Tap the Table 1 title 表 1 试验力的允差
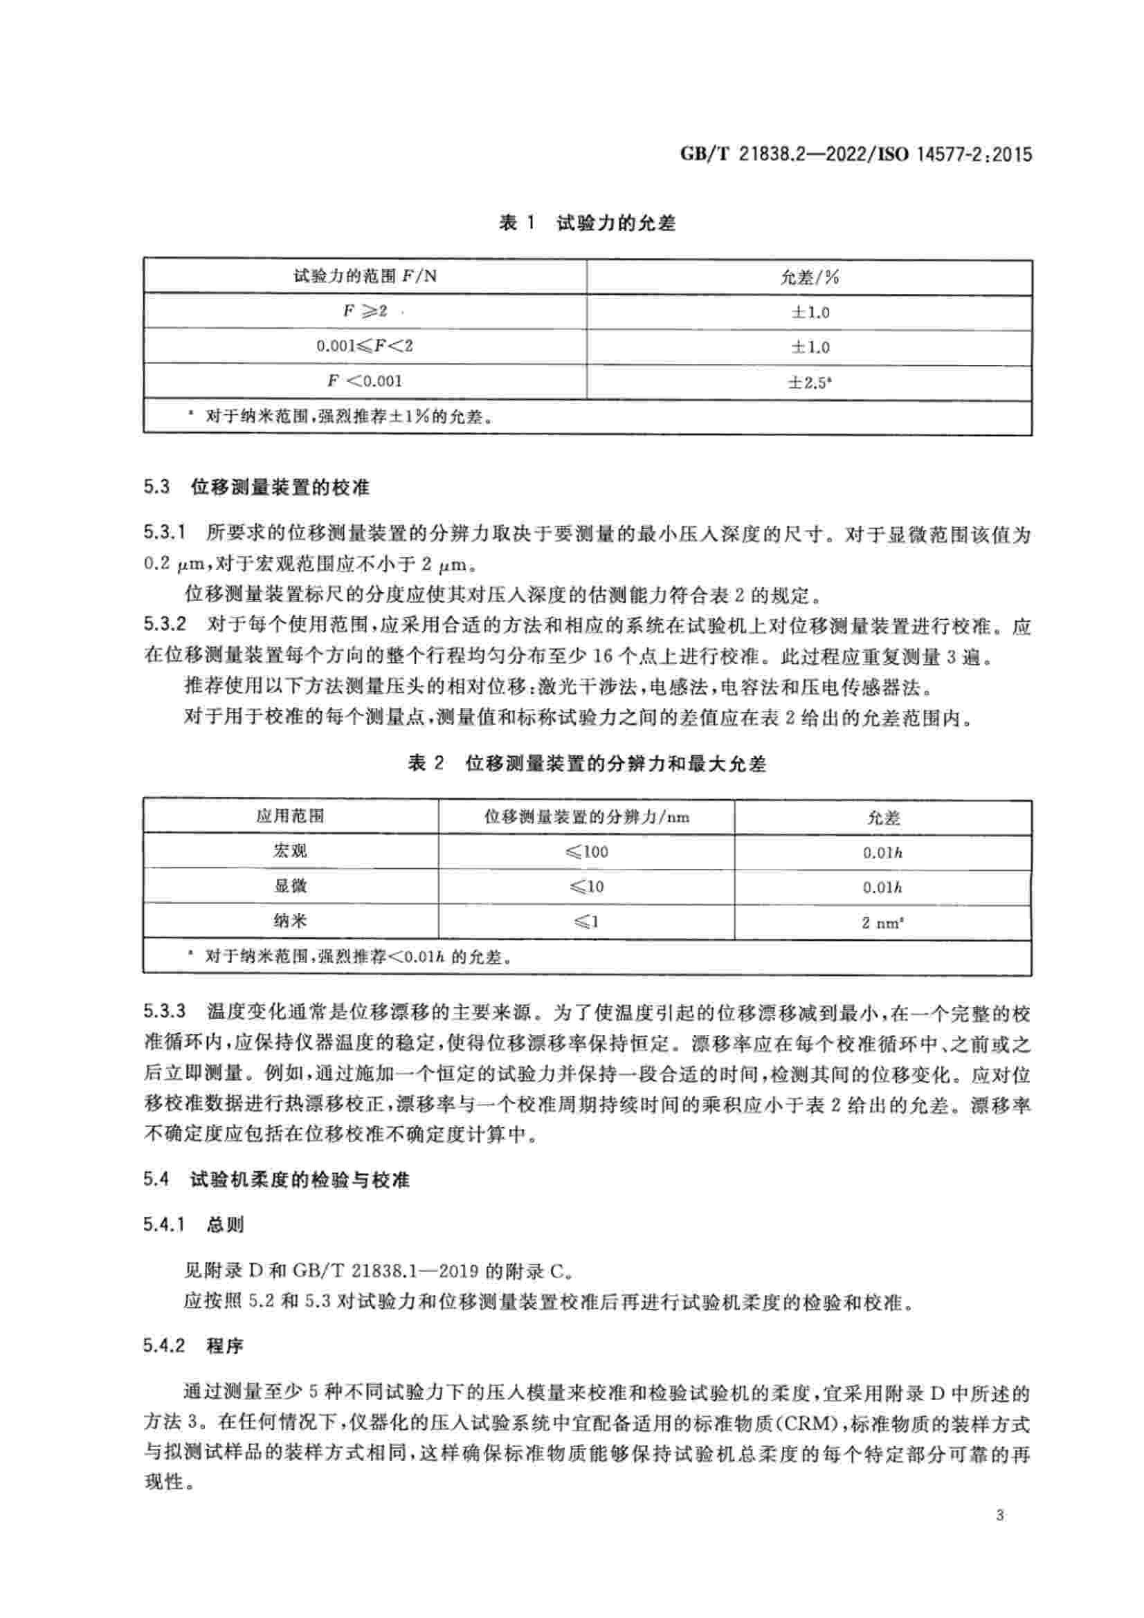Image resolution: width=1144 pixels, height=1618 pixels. pos(586,223)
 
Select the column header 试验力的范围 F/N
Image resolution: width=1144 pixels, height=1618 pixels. pos(365,276)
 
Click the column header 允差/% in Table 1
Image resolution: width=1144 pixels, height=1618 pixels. pos(808,277)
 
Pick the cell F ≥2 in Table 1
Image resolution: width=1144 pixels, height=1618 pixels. pos(365,311)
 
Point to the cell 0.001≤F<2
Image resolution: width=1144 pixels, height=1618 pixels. pos(365,346)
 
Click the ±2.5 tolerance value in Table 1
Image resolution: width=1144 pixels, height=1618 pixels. pos(808,382)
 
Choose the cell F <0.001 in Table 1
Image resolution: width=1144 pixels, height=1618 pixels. pos(365,381)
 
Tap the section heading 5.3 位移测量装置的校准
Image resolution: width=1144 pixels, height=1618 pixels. pos(257,487)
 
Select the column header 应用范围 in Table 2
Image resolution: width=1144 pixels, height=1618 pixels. pos(290,816)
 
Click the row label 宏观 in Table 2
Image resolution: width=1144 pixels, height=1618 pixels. pos(290,852)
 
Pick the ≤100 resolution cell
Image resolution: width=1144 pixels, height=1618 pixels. pos(585,852)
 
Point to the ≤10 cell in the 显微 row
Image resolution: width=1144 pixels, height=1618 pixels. pos(585,887)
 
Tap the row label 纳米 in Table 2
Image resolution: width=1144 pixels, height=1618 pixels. pos(290,920)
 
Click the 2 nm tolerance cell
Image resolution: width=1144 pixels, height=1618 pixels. pos(882,921)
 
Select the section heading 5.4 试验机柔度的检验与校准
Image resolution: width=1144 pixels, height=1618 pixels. pos(276,1179)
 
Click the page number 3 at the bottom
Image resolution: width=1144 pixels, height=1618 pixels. pos(1000,1535)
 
